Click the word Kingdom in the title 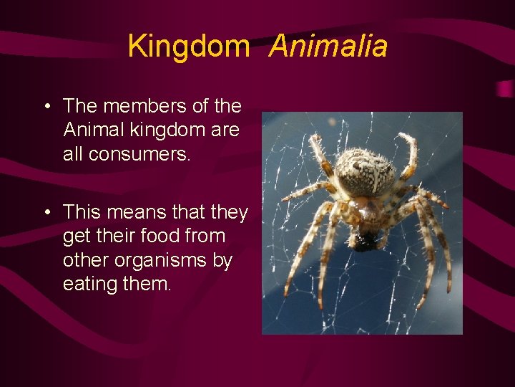pos(188,47)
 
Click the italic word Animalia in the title pos(328,47)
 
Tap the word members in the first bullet pos(141,106)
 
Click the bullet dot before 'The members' pos(46,107)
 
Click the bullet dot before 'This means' pos(46,213)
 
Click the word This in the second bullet pos(81,212)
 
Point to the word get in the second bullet pos(75,236)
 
